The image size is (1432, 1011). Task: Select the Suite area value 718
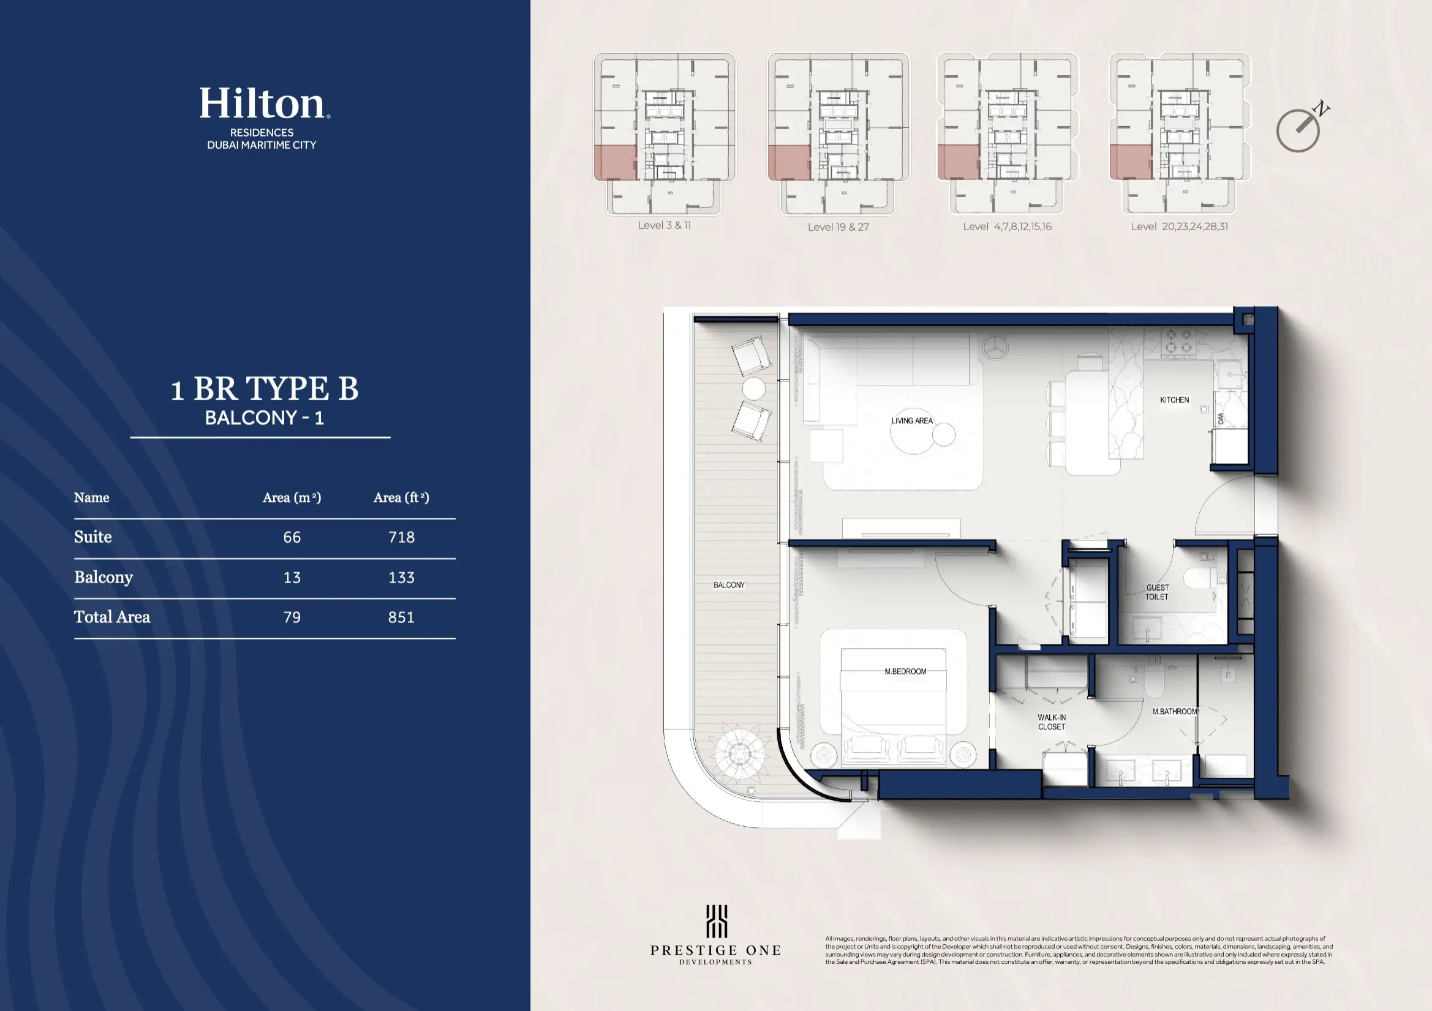[401, 537]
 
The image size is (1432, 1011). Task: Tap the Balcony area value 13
[292, 577]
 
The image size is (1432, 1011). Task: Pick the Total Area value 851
[401, 617]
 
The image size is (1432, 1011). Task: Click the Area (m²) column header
[292, 498]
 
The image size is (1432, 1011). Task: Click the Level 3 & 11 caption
[664, 226]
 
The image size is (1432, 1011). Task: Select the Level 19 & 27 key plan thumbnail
[838, 134]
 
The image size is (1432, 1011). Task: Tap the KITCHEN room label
[1174, 400]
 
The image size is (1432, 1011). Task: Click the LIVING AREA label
[912, 420]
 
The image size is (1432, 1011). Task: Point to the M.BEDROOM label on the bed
[905, 671]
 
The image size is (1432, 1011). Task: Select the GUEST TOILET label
[1157, 592]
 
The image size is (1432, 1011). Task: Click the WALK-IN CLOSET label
[1052, 722]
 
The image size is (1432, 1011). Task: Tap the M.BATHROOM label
[1174, 711]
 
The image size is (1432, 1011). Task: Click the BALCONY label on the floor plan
[728, 584]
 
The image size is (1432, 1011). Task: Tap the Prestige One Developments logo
[715, 935]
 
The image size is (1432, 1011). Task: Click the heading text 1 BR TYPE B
[265, 389]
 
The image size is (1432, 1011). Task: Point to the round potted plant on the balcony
[740, 753]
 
